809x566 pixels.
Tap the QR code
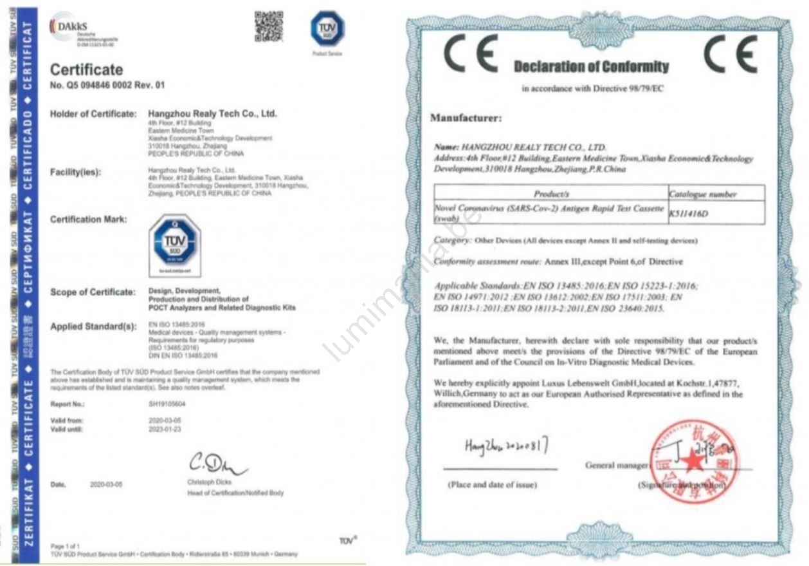click(268, 26)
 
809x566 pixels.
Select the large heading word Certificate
click(86, 70)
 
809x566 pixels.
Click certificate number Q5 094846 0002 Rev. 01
click(107, 85)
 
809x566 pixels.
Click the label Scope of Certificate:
click(93, 292)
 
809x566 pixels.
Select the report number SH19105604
click(166, 404)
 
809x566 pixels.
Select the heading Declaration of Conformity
click(591, 67)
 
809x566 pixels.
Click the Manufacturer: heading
click(466, 118)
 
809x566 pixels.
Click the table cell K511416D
click(689, 214)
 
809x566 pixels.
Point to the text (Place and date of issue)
click(492, 485)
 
